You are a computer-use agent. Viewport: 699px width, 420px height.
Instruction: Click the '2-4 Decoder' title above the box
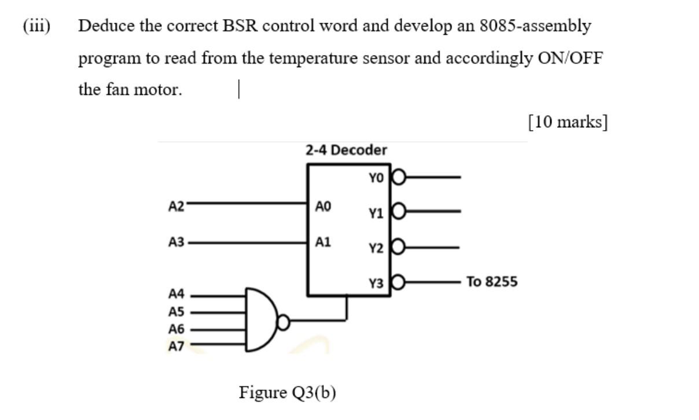pos(346,150)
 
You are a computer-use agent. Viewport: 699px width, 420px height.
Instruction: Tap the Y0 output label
pos(376,179)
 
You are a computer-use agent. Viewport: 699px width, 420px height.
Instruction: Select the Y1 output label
pos(376,213)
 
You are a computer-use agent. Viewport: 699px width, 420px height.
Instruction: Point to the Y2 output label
pos(376,248)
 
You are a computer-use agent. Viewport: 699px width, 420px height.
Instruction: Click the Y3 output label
pos(376,283)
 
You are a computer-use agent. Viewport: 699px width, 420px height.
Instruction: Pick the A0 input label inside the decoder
pos(323,205)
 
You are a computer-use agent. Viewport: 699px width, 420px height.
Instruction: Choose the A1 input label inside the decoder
pos(323,241)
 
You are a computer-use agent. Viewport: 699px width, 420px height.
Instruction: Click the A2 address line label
pos(176,205)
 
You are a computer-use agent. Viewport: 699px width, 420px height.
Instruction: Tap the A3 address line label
pos(176,242)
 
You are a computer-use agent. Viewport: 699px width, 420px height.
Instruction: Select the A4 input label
pos(176,294)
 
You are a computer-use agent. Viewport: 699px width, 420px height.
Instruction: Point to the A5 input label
pos(176,311)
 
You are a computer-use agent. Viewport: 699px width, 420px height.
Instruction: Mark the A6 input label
pos(176,329)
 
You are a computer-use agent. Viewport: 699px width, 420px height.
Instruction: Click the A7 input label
pos(176,346)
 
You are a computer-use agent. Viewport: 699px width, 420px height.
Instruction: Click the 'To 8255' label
pos(492,282)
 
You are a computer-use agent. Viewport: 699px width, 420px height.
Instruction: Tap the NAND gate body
pos(260,319)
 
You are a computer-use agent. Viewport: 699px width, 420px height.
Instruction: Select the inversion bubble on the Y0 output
pos(399,177)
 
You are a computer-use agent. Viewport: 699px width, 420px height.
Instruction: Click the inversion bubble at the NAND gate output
pos(283,319)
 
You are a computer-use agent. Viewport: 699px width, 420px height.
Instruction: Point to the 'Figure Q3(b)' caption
pos(287,392)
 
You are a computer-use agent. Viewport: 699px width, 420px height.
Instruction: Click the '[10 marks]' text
pos(567,122)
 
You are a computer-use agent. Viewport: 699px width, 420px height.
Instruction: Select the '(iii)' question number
pos(36,26)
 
